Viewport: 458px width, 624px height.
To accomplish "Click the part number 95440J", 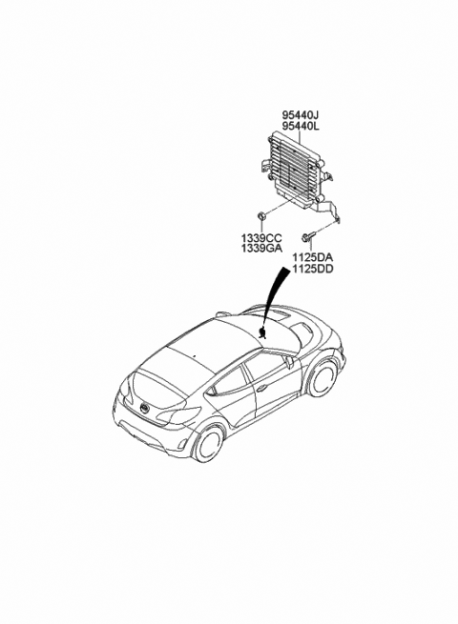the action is (x=301, y=115).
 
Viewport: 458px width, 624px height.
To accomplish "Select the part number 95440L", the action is (x=301, y=126).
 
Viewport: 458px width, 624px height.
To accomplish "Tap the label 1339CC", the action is (x=261, y=238).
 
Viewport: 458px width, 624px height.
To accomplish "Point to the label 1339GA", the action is (x=261, y=249).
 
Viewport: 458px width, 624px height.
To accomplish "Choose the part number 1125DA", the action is (x=313, y=257).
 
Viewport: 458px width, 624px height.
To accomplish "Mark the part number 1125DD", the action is (x=313, y=269).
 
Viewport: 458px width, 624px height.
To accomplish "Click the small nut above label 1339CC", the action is (x=261, y=216).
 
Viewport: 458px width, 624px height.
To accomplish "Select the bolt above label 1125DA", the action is (x=309, y=237).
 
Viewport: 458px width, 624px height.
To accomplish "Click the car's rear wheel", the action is (x=208, y=443).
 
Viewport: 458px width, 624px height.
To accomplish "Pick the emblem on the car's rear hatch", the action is (x=143, y=408).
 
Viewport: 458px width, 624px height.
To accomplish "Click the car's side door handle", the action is (x=261, y=387).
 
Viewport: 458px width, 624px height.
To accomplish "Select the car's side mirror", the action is (x=289, y=360).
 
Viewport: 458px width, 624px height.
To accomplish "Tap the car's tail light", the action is (x=178, y=414).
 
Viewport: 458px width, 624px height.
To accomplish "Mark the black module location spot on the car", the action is (x=262, y=332).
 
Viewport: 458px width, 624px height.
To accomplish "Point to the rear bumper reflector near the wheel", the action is (x=181, y=444).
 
